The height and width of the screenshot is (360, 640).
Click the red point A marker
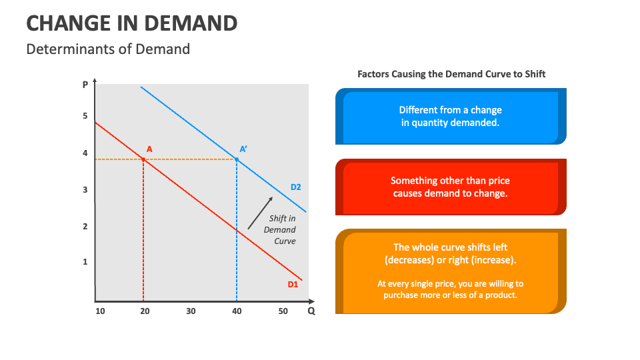[x=143, y=159]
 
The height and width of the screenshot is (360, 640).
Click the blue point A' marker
[x=237, y=159]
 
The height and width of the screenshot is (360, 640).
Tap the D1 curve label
[x=293, y=285]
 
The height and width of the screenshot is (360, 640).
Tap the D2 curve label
[x=295, y=187]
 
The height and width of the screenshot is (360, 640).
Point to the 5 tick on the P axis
[x=85, y=116]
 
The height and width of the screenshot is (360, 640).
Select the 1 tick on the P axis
[x=85, y=261]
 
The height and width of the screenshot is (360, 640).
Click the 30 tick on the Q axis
[x=191, y=311]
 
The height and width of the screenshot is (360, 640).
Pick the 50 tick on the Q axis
[x=283, y=311]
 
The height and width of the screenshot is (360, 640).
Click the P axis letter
[x=85, y=85]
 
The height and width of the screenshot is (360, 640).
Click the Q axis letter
[x=311, y=311]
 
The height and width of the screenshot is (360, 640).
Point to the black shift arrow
[x=260, y=213]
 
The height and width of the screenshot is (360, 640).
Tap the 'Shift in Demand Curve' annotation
[x=280, y=230]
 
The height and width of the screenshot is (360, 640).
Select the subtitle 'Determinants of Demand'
[x=108, y=49]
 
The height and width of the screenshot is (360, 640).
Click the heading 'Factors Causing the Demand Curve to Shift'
[x=451, y=74]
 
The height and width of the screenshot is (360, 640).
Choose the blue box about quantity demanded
[x=451, y=116]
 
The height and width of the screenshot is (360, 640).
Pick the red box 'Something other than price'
[x=451, y=187]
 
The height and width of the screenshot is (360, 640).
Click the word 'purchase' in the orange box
[x=397, y=295]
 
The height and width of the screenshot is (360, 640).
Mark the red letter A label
[x=149, y=149]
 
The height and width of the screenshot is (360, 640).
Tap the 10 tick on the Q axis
[x=100, y=311]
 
